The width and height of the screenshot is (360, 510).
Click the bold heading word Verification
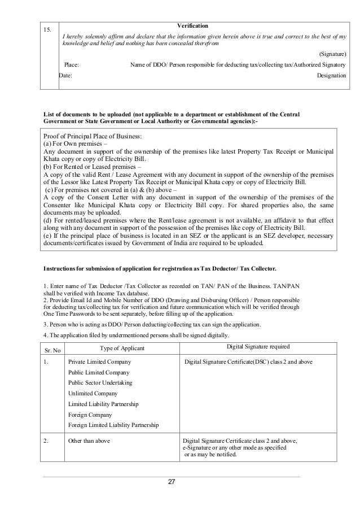(x=193, y=27)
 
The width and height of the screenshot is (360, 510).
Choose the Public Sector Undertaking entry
(x=102, y=383)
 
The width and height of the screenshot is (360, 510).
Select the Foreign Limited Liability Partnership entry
(x=113, y=425)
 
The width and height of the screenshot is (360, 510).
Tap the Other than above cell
(x=89, y=441)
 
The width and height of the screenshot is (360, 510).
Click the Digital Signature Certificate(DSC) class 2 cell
(x=249, y=361)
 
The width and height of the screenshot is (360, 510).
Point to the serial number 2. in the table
(x=46, y=441)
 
